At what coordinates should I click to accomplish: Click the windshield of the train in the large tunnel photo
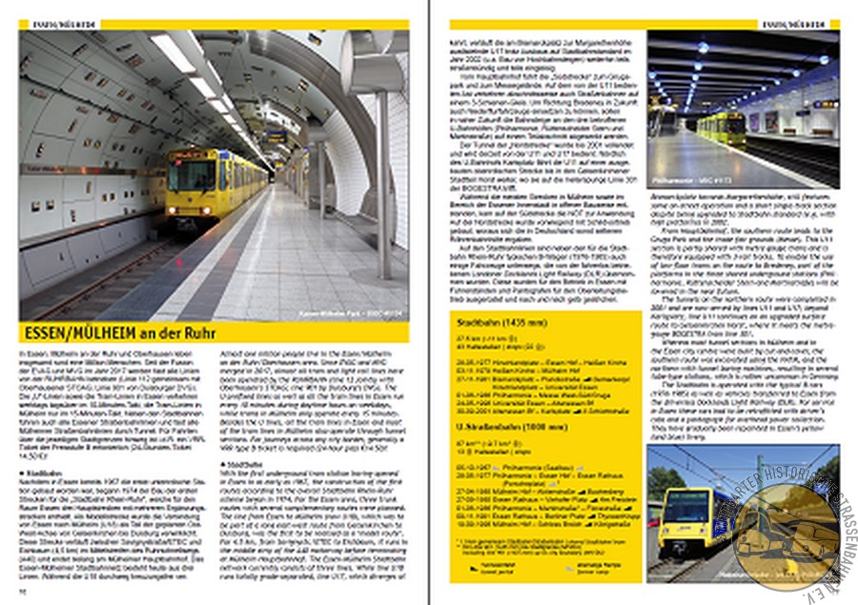coord(192,174)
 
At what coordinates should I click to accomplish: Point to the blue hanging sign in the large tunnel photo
coord(276,137)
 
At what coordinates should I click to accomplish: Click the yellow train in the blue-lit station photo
coord(721,128)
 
